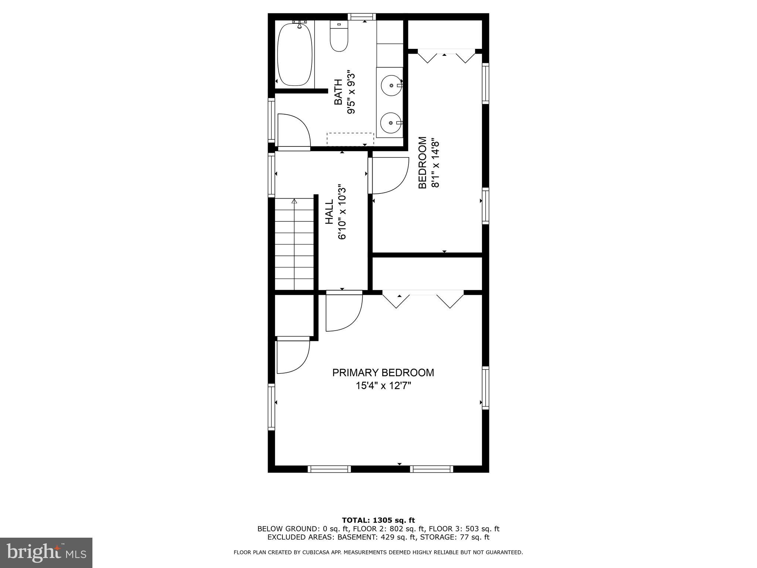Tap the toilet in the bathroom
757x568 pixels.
339,39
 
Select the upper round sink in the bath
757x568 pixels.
391,85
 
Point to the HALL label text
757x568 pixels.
329,212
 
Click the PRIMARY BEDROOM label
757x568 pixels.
383,372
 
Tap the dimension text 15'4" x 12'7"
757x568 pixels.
383,386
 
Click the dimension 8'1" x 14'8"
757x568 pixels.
435,164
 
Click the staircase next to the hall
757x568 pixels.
294,244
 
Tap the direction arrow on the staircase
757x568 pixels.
294,202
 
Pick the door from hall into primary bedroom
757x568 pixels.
344,311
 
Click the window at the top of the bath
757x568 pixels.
362,17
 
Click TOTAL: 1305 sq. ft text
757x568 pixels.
378,520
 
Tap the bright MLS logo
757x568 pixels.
46,552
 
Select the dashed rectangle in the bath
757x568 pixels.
350,139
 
